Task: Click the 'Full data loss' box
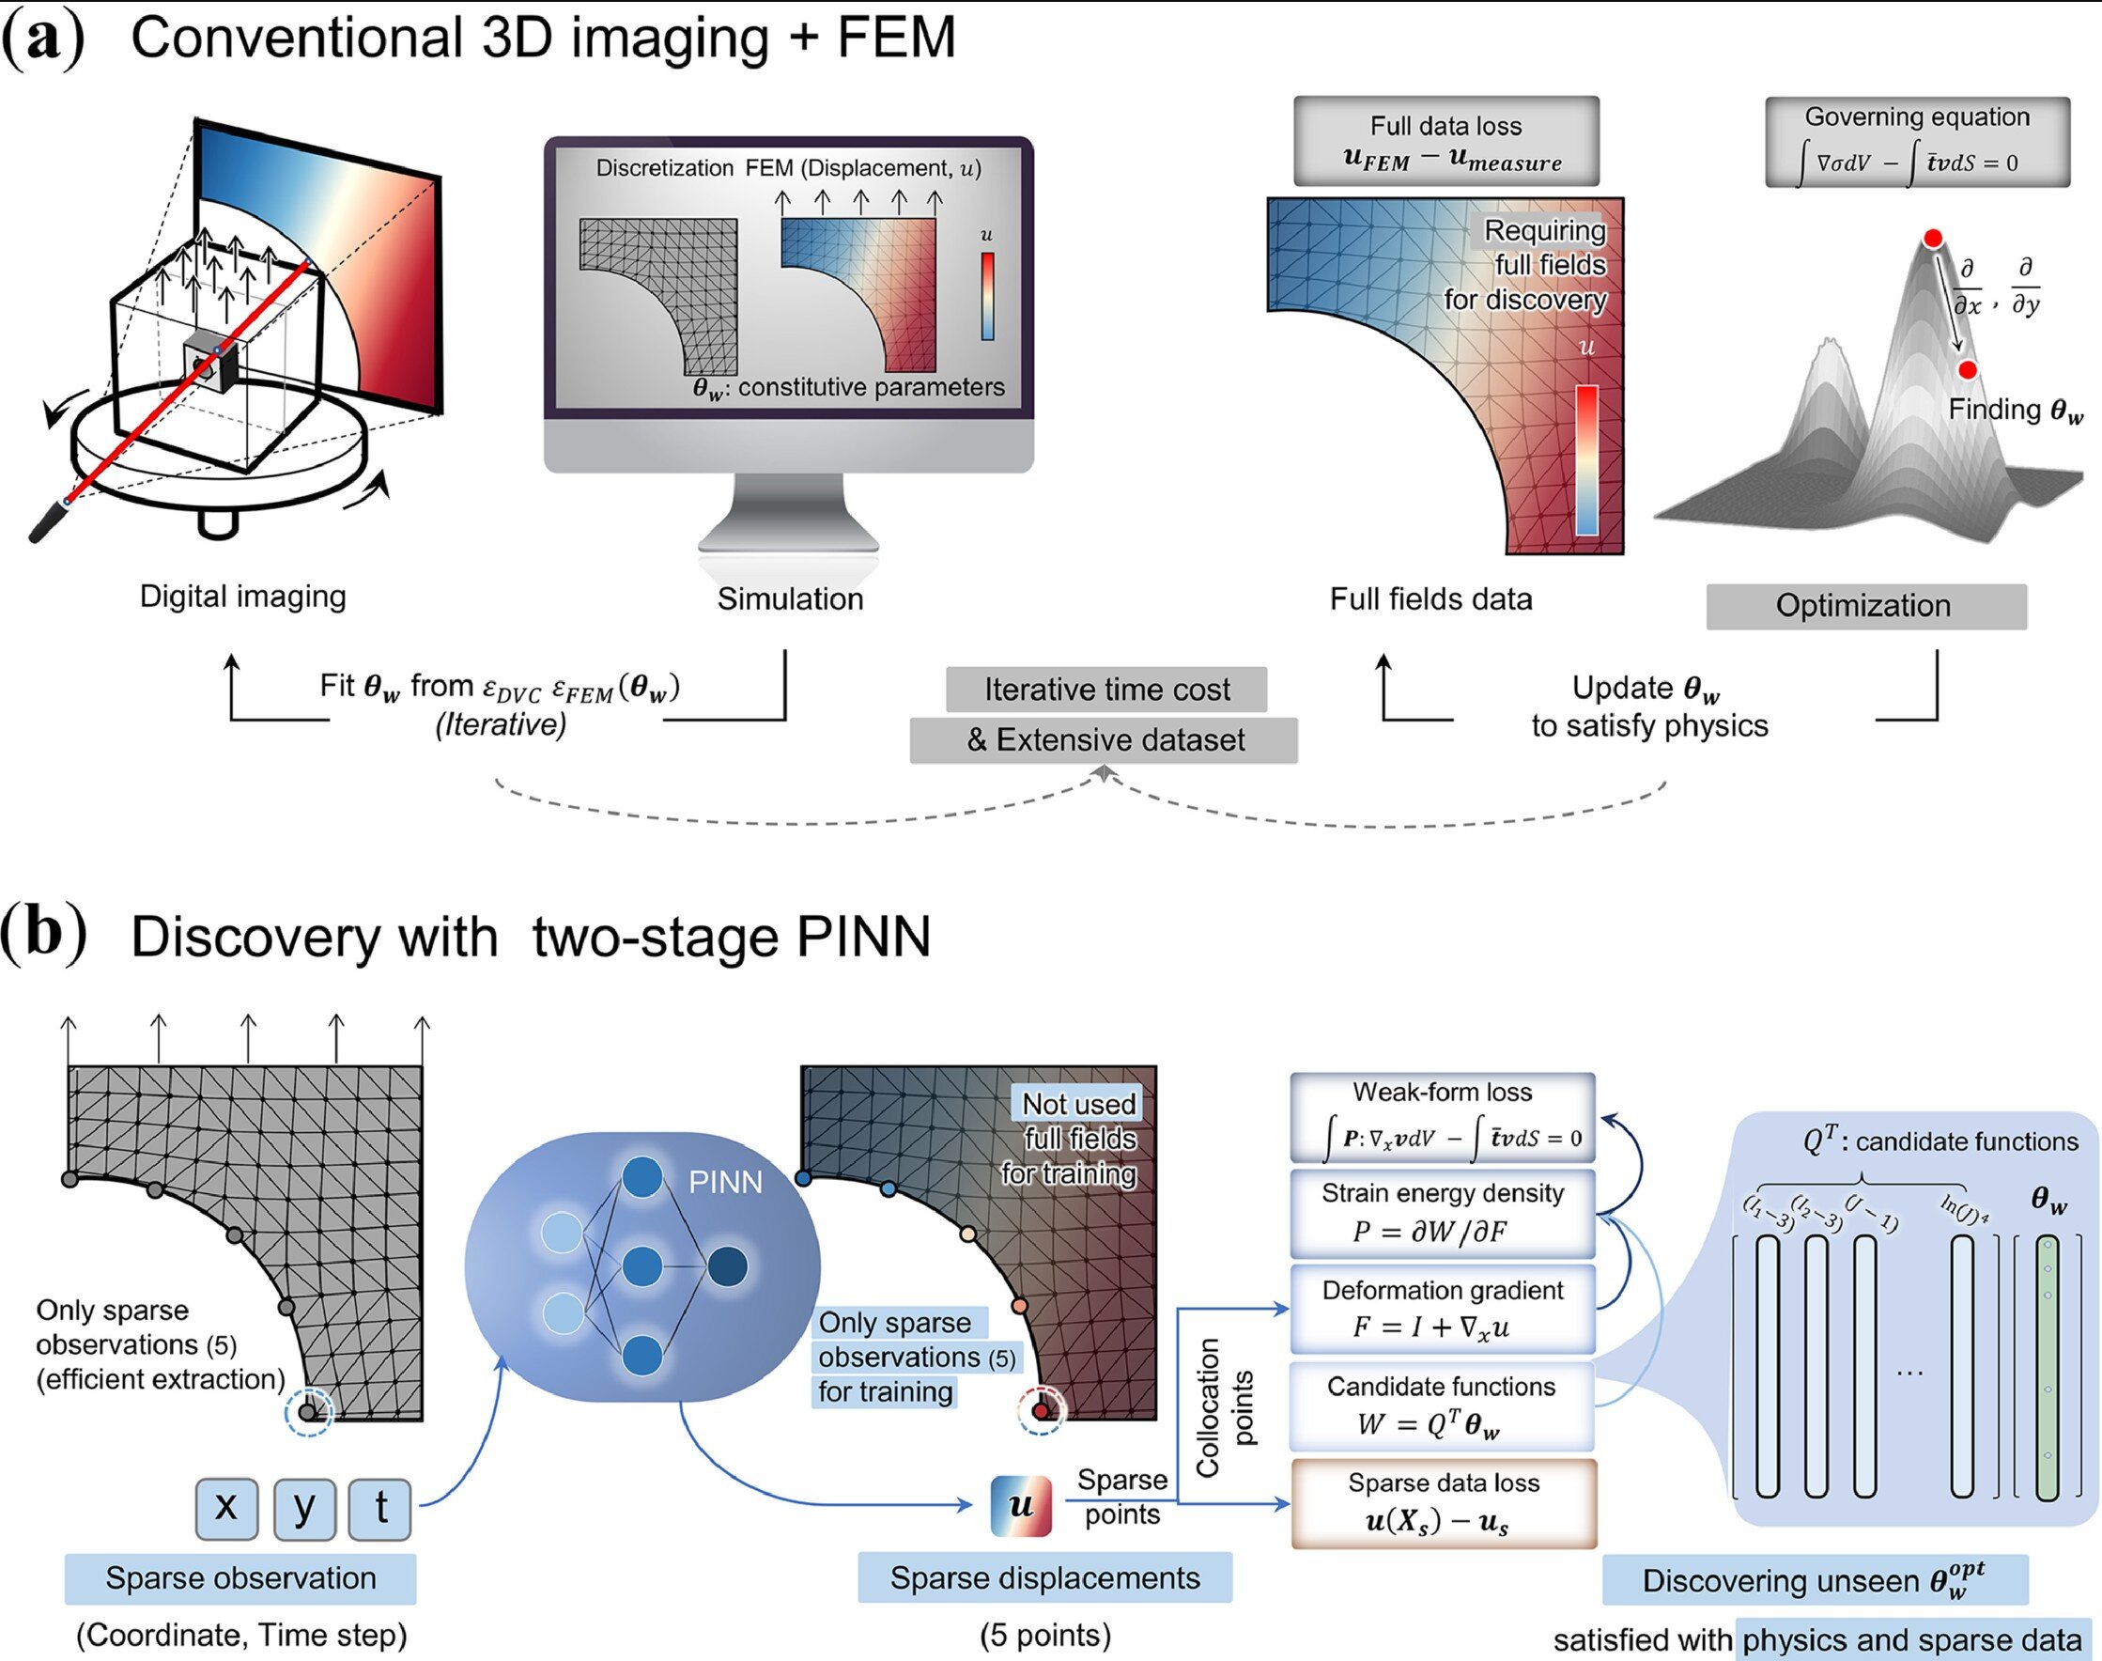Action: tap(1445, 142)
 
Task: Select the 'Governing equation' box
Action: tap(1917, 142)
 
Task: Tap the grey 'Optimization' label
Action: tap(1865, 606)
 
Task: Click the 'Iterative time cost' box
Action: tap(1106, 690)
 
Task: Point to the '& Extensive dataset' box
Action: tap(1104, 740)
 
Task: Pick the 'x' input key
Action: tap(226, 1508)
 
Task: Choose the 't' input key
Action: tap(380, 1508)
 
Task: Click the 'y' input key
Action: tap(304, 1508)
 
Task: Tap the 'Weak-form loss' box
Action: tap(1443, 1117)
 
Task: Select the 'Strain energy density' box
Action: tap(1443, 1213)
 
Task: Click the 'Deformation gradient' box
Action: tap(1443, 1308)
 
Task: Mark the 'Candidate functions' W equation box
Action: tap(1443, 1405)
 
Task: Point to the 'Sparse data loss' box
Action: tap(1443, 1502)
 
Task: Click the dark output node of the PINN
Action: tap(727, 1267)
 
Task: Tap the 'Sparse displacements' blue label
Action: tap(1045, 1577)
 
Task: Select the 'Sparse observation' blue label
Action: tap(240, 1577)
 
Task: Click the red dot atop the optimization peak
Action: tap(1934, 239)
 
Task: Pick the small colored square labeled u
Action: tap(1021, 1506)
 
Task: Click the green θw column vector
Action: tap(2048, 1366)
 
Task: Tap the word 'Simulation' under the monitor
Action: tap(790, 599)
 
